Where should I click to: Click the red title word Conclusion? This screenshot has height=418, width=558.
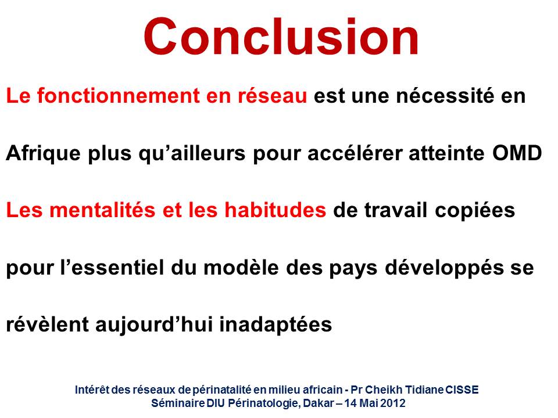point(281,37)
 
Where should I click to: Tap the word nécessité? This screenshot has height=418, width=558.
point(445,96)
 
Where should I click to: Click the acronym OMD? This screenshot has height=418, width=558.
point(517,153)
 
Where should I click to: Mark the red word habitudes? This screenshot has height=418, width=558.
point(275,210)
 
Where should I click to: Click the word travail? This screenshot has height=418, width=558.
point(396,210)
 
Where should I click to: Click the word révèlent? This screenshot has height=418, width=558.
point(47,325)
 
